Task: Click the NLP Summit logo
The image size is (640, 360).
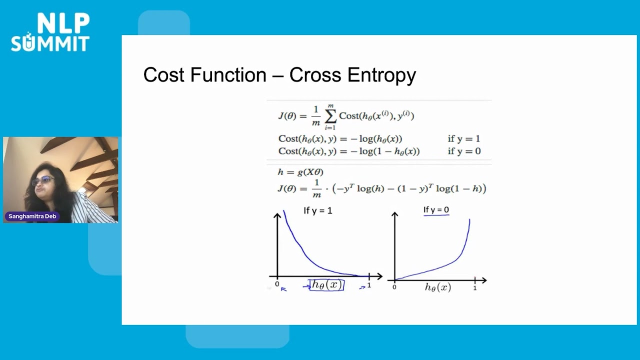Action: pyautogui.click(x=50, y=32)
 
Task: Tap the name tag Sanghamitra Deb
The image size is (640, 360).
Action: pyautogui.click(x=32, y=216)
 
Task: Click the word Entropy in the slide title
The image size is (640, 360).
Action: pyautogui.click(x=381, y=75)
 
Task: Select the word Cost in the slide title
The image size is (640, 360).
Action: pyautogui.click(x=162, y=75)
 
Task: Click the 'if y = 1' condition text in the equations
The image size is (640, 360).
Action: pyautogui.click(x=463, y=139)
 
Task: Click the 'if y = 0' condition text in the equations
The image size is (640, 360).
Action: pyautogui.click(x=463, y=151)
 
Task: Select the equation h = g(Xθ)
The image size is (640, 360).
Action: pyautogui.click(x=300, y=172)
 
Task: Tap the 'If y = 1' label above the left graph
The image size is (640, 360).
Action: pyautogui.click(x=317, y=210)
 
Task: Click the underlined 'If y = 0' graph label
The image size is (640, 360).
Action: pyautogui.click(x=436, y=210)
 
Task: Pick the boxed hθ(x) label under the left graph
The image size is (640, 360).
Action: pyautogui.click(x=327, y=285)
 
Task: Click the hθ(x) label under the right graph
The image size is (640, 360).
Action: pyautogui.click(x=437, y=287)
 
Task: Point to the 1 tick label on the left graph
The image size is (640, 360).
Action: pyautogui.click(x=369, y=285)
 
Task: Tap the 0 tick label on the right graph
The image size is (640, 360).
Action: pyautogui.click(x=394, y=287)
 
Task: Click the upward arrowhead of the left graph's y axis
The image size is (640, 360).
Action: pyautogui.click(x=277, y=215)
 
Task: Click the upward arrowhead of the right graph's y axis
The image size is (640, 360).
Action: pyautogui.click(x=394, y=215)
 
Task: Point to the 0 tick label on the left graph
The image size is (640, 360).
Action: pyautogui.click(x=277, y=284)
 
